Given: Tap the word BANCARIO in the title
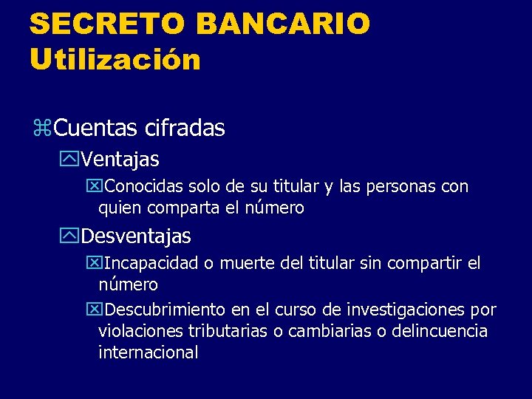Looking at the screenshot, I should (283, 24).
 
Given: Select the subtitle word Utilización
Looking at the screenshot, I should (115, 59).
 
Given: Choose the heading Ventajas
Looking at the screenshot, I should (120, 159).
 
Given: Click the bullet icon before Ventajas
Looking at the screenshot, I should (70, 160).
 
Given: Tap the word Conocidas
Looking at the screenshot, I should (146, 187).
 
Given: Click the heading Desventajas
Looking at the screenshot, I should (136, 236).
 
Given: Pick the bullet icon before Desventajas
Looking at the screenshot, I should (70, 237).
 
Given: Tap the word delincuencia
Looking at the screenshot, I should (440, 331).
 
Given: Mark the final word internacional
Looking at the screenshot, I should (149, 352).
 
